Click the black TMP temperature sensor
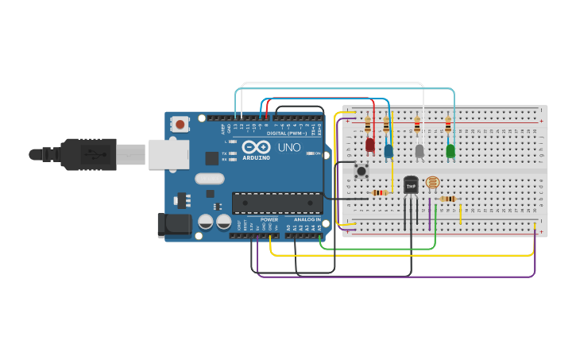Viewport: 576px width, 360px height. click(411, 185)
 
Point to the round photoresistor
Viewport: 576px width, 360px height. click(432, 183)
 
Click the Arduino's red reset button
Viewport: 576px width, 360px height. click(181, 123)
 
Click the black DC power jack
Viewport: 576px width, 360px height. click(174, 225)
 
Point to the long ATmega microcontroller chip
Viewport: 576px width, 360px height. click(277, 203)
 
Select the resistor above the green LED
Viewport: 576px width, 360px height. click(448, 125)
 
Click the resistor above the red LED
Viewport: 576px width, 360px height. click(367, 125)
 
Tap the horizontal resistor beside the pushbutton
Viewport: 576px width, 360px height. click(380, 192)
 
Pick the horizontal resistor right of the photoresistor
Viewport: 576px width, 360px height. click(448, 199)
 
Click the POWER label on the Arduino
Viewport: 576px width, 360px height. click(269, 220)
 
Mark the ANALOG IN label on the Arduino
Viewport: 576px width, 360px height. click(307, 220)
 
